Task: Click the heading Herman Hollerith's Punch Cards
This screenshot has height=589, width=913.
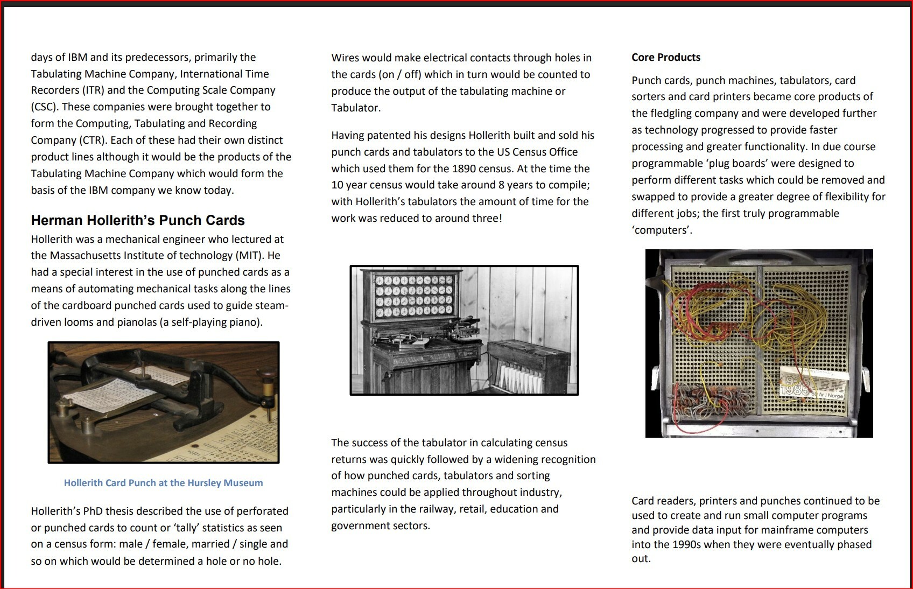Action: tap(138, 220)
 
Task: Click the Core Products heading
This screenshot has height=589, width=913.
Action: tap(666, 58)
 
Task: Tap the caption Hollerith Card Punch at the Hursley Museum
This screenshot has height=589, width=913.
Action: tap(163, 483)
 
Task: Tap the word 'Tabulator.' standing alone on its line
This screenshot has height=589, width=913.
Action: tap(356, 108)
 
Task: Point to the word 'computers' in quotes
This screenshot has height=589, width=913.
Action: tap(662, 230)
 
